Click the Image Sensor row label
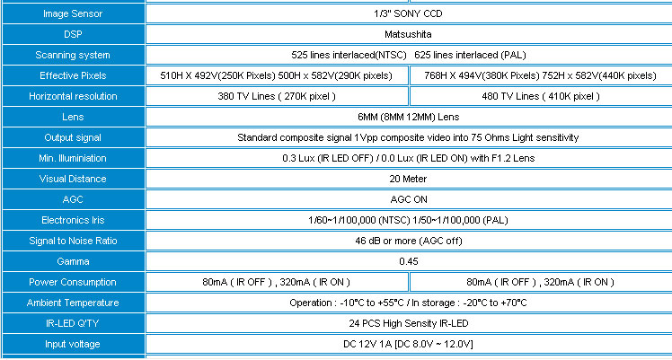click(73, 13)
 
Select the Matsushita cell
click(408, 34)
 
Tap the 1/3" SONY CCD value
click(408, 13)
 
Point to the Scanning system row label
click(73, 55)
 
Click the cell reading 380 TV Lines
click(277, 96)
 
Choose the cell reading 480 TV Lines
click(541, 96)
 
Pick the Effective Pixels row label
click(73, 75)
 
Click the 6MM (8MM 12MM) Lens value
click(409, 117)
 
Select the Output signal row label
click(73, 137)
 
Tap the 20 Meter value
click(408, 179)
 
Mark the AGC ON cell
click(409, 199)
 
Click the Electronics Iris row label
click(73, 220)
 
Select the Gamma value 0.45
click(409, 261)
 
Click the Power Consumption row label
click(73, 282)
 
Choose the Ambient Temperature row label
click(73, 303)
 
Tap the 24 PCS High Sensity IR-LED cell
click(409, 323)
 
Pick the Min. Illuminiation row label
click(73, 158)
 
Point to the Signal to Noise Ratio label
click(73, 241)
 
